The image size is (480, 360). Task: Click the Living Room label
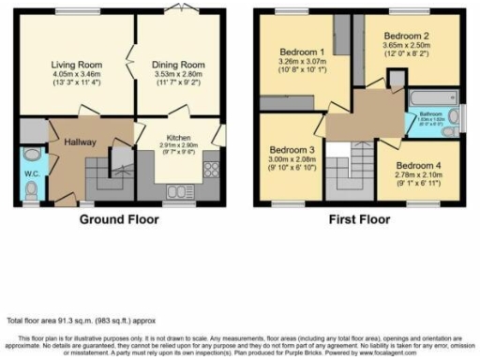(x=72, y=65)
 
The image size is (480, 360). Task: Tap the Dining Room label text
(x=176, y=65)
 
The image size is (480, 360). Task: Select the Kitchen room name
(x=178, y=137)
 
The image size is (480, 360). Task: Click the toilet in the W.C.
(x=32, y=190)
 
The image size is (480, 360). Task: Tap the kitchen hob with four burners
(x=211, y=171)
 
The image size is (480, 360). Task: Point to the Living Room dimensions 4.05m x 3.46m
(x=72, y=76)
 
